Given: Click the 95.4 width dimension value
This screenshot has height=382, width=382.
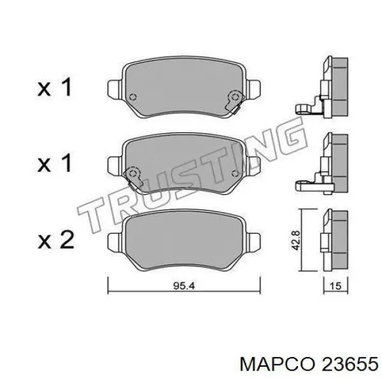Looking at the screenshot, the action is (184, 285).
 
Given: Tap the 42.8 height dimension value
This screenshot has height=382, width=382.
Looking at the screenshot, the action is (296, 240).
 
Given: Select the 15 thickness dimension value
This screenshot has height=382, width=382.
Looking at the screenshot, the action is (336, 285).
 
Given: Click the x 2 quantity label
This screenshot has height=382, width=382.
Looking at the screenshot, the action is (56, 240).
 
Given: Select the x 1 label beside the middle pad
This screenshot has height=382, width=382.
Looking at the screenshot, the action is (55, 163).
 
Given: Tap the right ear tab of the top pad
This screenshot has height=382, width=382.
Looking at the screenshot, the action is (253, 89).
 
